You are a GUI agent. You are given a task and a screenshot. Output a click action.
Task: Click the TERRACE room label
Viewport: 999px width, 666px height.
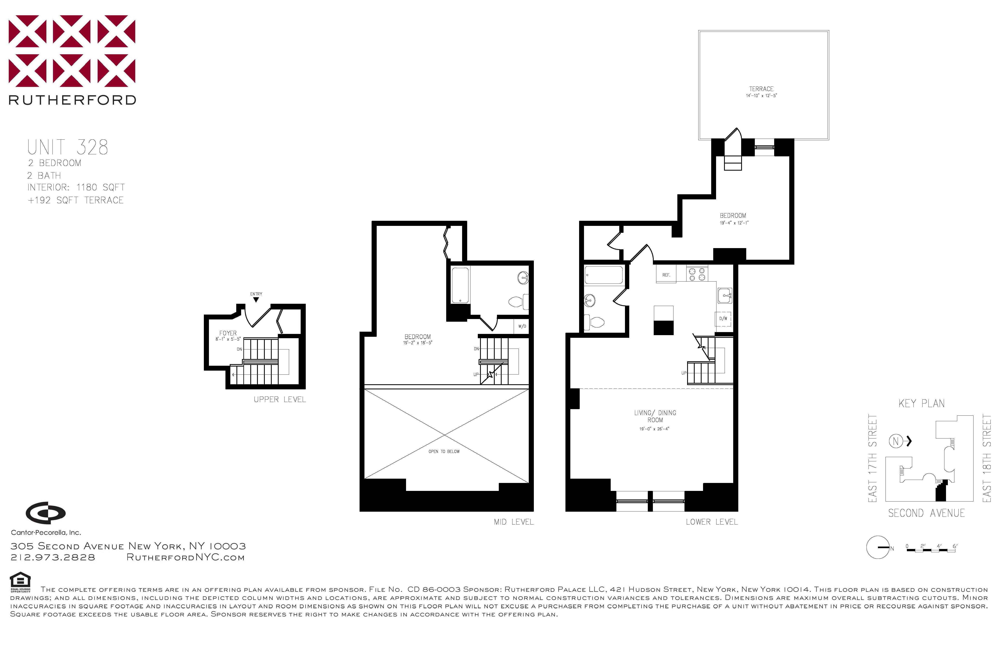click(761, 89)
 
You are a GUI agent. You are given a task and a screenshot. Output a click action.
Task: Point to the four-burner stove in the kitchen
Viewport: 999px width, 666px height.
click(697, 274)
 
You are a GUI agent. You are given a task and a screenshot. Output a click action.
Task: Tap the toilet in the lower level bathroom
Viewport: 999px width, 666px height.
click(595, 322)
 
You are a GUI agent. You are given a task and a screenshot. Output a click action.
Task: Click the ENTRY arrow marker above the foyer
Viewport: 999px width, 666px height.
click(256, 299)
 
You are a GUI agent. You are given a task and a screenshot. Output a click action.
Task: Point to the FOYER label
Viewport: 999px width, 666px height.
click(228, 333)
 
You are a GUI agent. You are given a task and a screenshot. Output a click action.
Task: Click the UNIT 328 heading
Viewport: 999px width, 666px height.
click(68, 147)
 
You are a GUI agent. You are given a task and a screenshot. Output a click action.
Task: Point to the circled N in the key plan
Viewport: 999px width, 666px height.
click(895, 441)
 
